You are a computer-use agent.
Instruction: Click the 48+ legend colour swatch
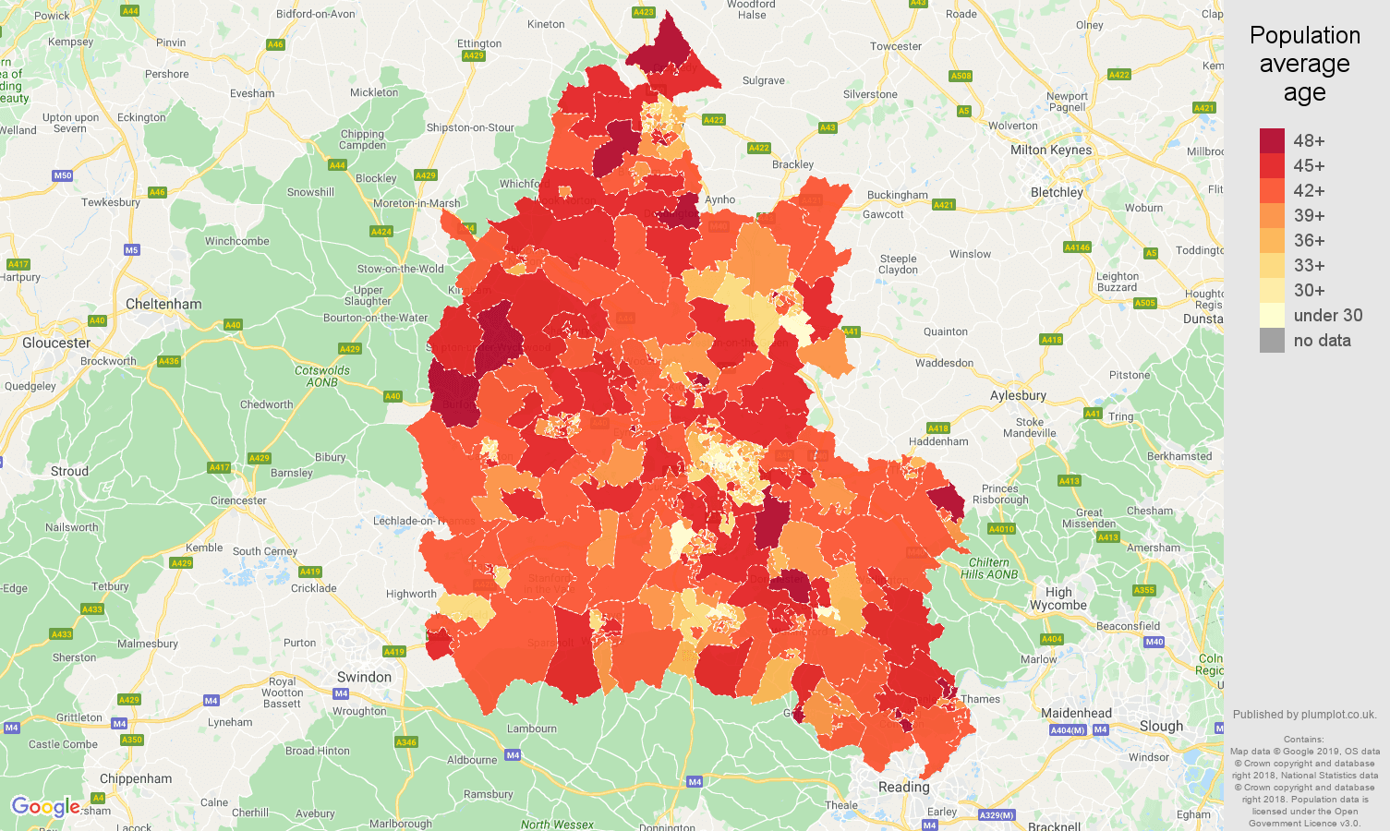click(1272, 140)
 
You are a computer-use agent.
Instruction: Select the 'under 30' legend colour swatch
click(1272, 315)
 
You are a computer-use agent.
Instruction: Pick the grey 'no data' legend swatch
click(1272, 340)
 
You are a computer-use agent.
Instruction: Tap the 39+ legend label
click(1309, 215)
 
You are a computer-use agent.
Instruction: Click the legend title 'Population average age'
click(1304, 64)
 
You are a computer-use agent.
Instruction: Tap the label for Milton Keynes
click(1050, 150)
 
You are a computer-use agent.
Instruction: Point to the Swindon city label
click(364, 677)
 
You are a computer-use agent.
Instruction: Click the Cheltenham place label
click(163, 304)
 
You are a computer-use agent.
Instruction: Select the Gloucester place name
click(56, 343)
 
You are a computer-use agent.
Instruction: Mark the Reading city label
click(903, 787)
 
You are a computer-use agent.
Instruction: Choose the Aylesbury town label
click(1018, 395)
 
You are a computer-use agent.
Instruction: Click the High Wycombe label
click(1058, 599)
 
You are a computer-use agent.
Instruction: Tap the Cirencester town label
click(238, 500)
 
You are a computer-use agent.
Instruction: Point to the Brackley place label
click(792, 164)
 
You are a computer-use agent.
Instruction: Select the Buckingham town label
click(897, 195)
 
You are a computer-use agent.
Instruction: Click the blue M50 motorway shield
click(63, 175)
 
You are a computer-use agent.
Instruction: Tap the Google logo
click(45, 807)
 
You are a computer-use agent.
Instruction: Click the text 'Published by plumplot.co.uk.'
click(1304, 714)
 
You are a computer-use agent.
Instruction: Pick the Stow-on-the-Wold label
click(400, 269)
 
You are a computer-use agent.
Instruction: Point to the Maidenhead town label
click(1076, 713)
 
